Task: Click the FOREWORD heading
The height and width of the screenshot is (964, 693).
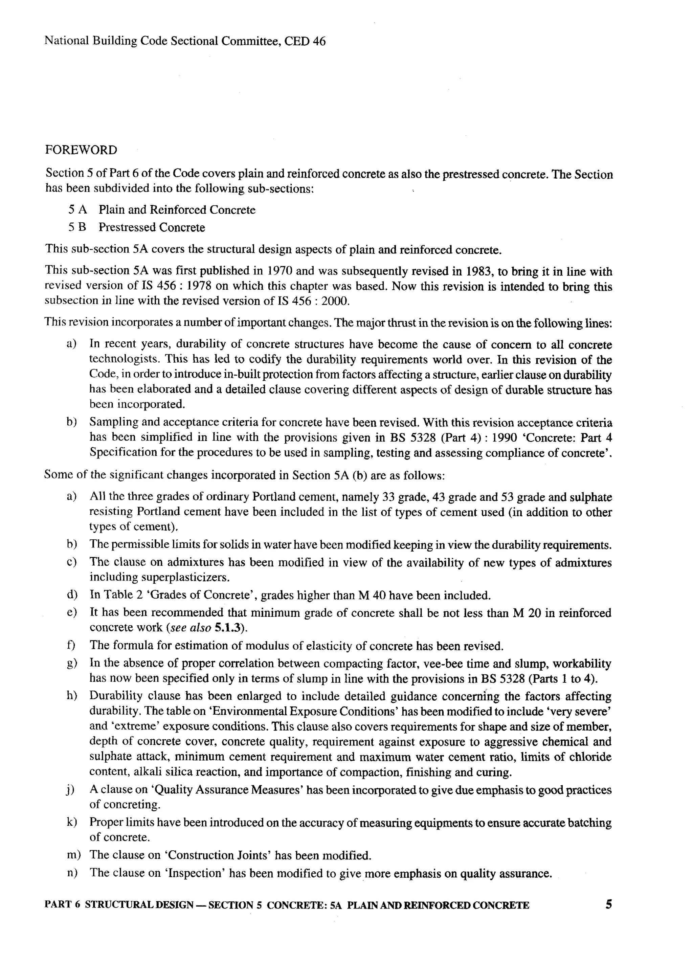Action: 81,151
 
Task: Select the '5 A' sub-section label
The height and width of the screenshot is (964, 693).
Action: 77,210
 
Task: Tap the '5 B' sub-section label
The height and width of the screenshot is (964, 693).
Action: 77,227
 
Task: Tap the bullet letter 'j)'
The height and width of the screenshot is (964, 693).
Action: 70,790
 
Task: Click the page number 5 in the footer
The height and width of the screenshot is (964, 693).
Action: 608,904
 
